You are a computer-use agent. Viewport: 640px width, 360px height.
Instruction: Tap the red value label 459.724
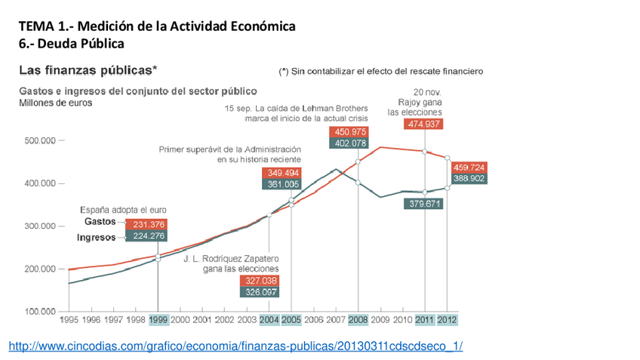point(469,168)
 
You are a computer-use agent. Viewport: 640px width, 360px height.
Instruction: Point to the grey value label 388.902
point(469,179)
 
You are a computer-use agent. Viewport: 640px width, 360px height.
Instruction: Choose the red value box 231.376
point(148,224)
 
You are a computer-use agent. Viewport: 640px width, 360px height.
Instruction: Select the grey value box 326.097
point(260,291)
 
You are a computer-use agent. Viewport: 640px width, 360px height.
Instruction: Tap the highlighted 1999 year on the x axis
point(158,320)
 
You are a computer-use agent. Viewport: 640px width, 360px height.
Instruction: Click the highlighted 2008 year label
point(358,320)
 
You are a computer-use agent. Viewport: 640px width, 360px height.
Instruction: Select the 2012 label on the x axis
point(447,320)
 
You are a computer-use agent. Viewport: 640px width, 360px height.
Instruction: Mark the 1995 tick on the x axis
point(69,320)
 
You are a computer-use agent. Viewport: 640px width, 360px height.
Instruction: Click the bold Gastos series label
point(100,223)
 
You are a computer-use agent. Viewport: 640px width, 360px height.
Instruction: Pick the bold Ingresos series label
point(97,237)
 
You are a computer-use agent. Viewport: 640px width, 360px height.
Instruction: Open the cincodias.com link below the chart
point(235,346)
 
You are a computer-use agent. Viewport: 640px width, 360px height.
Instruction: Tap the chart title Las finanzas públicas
point(88,71)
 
